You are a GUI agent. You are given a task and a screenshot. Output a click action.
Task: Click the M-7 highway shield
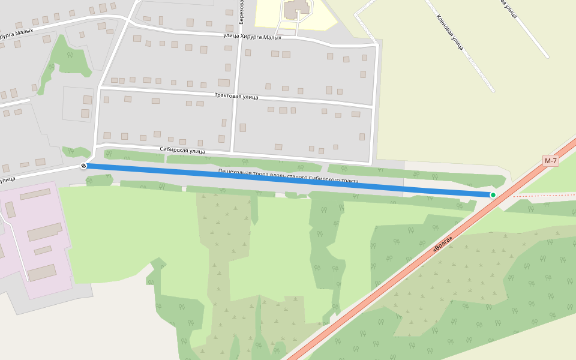point(551,161)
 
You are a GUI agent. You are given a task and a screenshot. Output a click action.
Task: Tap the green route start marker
point(493,195)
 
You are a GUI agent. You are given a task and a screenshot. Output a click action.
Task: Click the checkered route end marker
point(83,166)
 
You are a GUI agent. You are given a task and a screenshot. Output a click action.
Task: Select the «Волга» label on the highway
point(442,244)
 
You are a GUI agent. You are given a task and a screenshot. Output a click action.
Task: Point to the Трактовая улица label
point(236,96)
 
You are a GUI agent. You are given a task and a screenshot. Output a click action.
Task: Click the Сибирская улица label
point(182,151)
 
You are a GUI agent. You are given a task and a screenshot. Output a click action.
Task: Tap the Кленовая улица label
point(450,32)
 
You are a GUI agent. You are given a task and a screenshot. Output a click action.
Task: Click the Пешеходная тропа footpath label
point(288,176)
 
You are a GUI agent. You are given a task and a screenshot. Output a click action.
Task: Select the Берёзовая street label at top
point(241,12)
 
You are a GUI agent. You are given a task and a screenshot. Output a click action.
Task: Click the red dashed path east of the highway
point(543,195)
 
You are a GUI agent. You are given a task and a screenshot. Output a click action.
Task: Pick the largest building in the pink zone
point(44,232)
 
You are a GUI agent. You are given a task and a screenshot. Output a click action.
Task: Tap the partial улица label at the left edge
point(7,179)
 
